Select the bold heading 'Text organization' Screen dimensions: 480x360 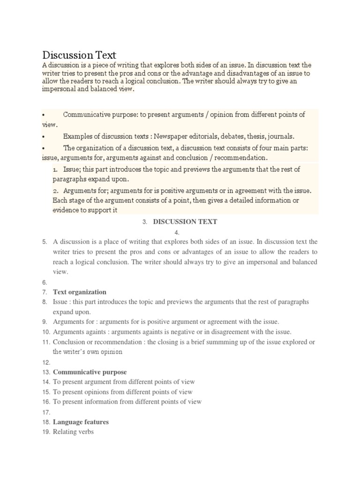tap(80, 292)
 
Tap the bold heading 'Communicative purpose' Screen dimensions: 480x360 tap(90, 372)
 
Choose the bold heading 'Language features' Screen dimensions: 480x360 tap(81, 422)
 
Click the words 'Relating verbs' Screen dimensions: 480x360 tap(73, 432)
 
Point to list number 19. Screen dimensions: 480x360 tap(45, 432)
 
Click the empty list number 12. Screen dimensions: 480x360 tap(45, 362)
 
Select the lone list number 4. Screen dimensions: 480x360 tap(177, 232)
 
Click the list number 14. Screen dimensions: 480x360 tap(45, 382)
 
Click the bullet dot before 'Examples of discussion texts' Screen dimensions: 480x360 tap(43, 137)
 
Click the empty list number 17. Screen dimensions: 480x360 tap(45, 412)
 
